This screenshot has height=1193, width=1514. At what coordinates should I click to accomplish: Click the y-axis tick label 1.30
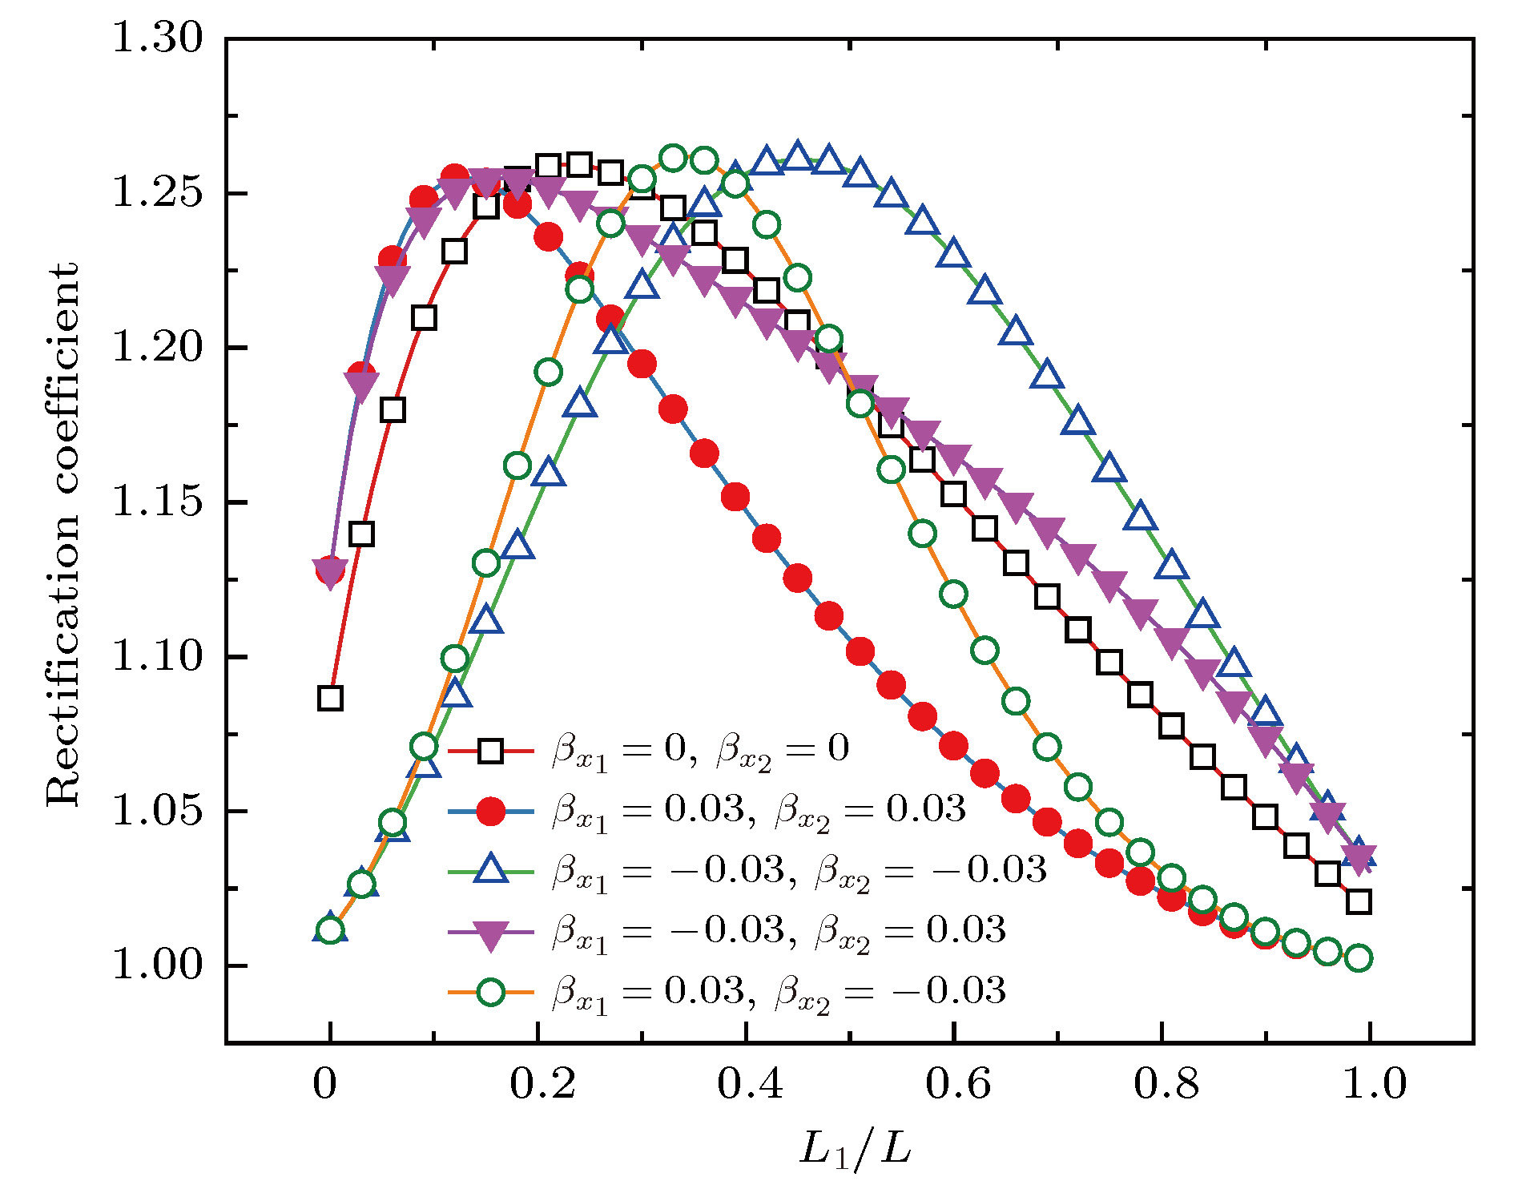point(158,38)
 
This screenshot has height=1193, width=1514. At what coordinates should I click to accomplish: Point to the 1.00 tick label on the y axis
point(158,964)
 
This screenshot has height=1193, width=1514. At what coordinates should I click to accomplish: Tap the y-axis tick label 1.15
point(158,502)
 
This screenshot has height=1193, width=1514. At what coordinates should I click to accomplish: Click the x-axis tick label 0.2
point(542,1084)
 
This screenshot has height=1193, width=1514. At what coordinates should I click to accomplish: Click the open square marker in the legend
point(490,751)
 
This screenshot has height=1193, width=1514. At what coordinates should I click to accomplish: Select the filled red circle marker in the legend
point(490,811)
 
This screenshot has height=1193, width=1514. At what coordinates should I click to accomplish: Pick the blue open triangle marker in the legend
point(490,870)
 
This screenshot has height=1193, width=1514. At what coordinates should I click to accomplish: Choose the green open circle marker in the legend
point(490,993)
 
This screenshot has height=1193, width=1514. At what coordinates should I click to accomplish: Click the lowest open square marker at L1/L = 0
point(330,698)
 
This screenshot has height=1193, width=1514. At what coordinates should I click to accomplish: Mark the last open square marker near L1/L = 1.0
point(1359,902)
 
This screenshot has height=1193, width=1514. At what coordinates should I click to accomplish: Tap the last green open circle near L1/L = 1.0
point(1359,957)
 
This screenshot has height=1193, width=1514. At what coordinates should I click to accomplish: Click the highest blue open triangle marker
point(797,155)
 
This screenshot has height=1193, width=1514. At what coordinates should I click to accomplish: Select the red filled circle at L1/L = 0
point(329,571)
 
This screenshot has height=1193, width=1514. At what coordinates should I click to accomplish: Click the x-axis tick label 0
point(325,1084)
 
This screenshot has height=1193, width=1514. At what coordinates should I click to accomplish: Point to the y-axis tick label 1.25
point(158,193)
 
